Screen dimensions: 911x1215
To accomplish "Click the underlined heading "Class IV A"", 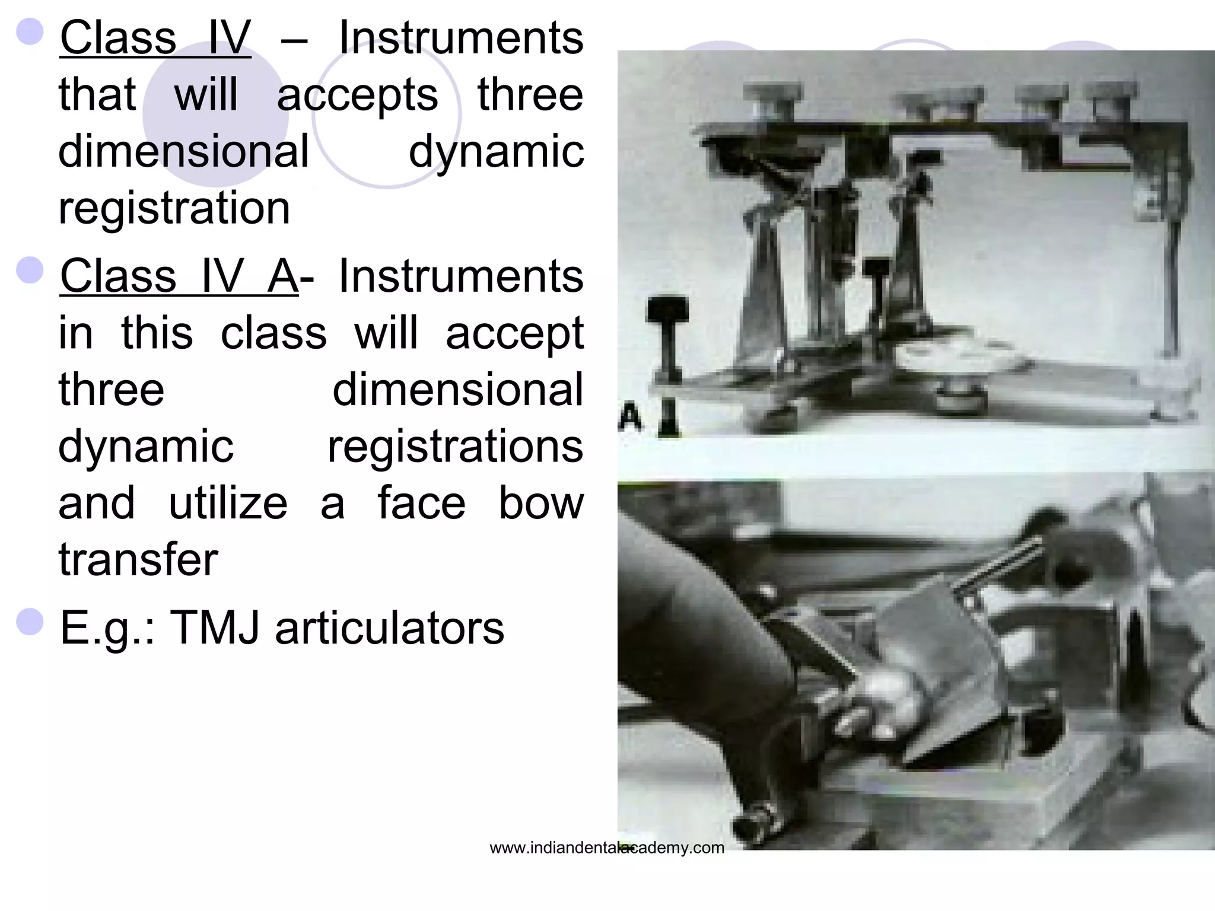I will [179, 276].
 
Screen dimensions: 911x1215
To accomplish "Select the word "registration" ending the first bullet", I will [174, 208].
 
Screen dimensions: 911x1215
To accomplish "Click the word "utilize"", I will [228, 503].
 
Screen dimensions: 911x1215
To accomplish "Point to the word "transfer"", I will [138, 559].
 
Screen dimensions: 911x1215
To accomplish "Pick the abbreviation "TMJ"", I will [214, 627].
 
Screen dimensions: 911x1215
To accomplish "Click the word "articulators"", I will [389, 627].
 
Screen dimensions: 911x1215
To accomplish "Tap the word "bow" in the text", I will [540, 503].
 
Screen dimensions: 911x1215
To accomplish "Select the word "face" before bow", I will [421, 503].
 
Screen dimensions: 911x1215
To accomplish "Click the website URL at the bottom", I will [606, 848].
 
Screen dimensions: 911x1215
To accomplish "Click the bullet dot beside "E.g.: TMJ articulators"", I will [30, 622].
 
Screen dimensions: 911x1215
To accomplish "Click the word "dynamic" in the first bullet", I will [496, 152].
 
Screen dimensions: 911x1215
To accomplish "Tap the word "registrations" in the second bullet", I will [455, 447].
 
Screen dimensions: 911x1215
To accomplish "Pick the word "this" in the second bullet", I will [157, 333].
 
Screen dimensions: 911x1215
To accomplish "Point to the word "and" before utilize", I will [97, 503].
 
